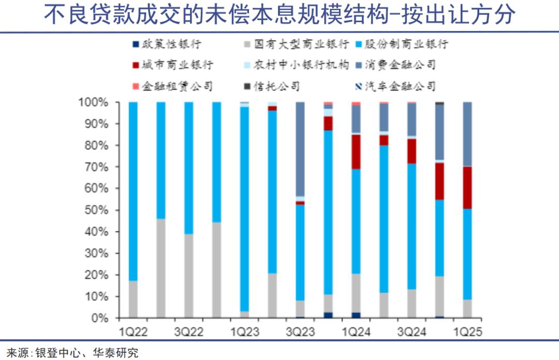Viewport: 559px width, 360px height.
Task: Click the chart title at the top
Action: tap(279, 16)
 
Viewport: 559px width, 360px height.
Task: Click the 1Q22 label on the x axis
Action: tap(133, 332)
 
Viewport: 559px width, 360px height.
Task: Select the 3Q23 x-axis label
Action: tap(301, 332)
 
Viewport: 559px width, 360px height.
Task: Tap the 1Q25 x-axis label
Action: tap(467, 332)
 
